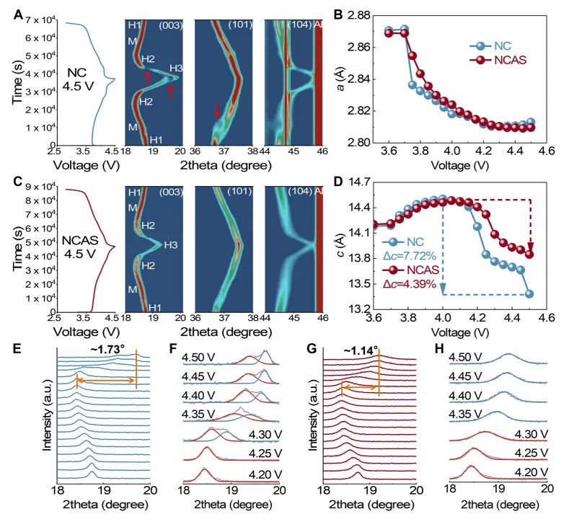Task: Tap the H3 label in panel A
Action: [176, 69]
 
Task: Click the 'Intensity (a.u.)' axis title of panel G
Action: [315, 420]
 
